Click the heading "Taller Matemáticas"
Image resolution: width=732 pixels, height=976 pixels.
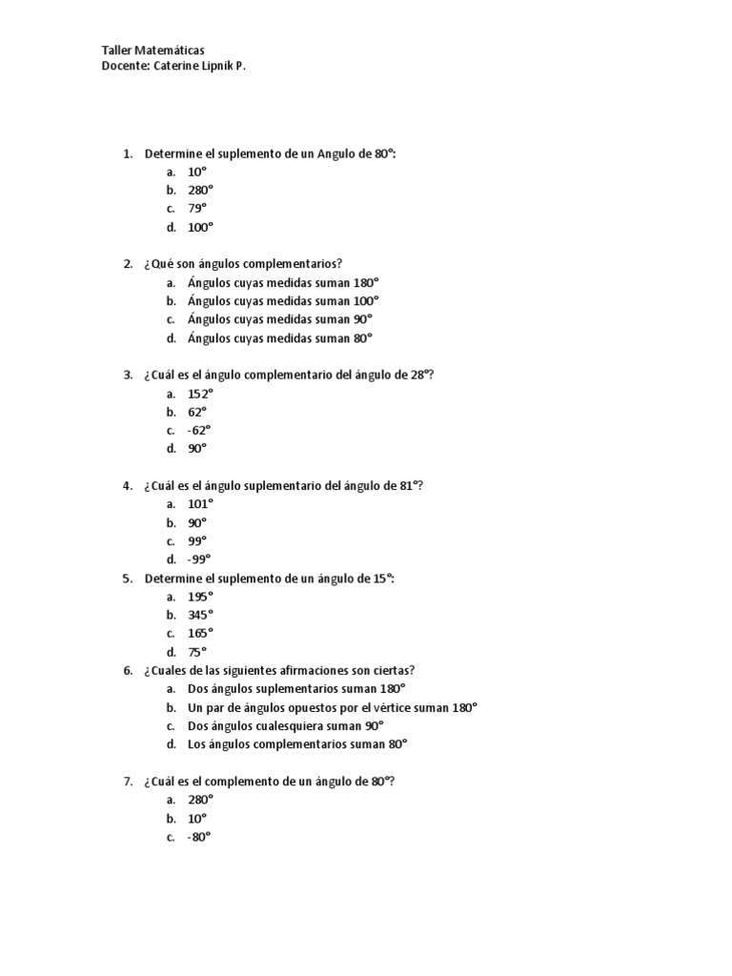point(152,50)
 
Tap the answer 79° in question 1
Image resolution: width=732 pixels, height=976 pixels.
point(196,209)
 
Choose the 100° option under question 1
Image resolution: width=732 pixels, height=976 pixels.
point(200,228)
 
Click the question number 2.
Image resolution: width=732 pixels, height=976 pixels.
point(127,264)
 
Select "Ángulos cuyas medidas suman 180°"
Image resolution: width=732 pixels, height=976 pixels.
point(282,283)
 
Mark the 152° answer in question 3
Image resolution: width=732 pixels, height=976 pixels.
point(200,394)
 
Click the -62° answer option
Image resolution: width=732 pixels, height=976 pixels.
point(198,430)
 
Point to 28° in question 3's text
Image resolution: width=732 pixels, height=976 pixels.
point(421,375)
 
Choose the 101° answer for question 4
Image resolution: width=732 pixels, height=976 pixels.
point(200,504)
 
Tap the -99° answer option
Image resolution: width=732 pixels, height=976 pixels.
point(198,559)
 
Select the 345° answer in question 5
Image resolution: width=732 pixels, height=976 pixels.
point(200,615)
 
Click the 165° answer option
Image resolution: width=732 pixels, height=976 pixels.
point(200,633)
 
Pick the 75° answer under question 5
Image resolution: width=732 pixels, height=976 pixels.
point(196,652)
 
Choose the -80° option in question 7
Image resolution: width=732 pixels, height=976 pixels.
point(198,837)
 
